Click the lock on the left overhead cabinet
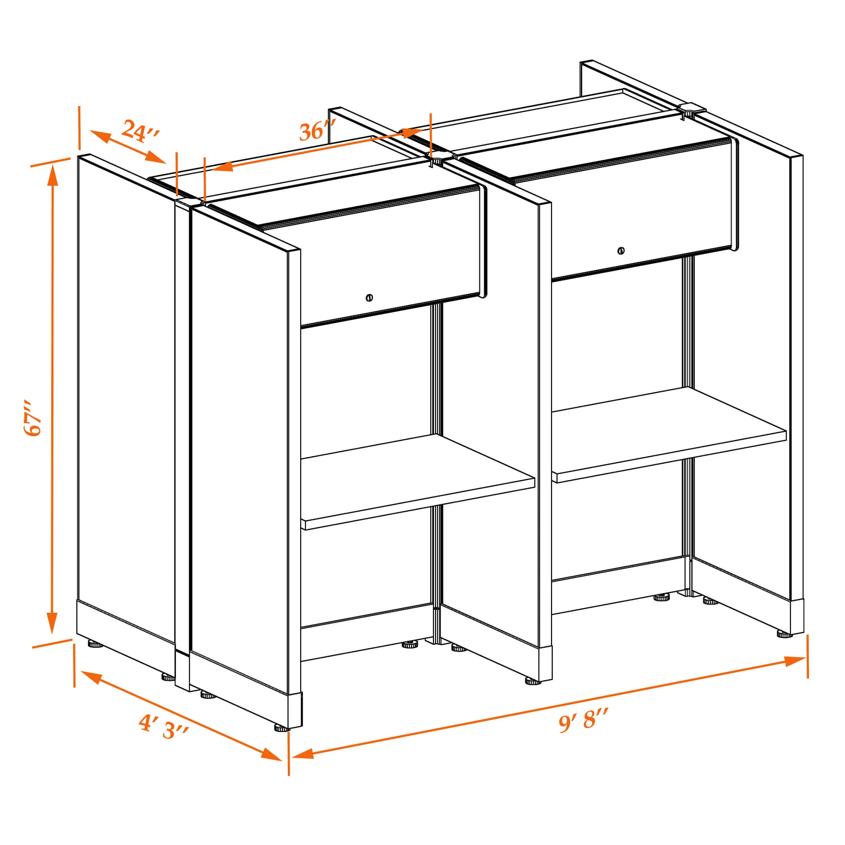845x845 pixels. point(369,298)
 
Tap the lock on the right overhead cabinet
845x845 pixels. point(621,251)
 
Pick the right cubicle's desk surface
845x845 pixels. point(669,434)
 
